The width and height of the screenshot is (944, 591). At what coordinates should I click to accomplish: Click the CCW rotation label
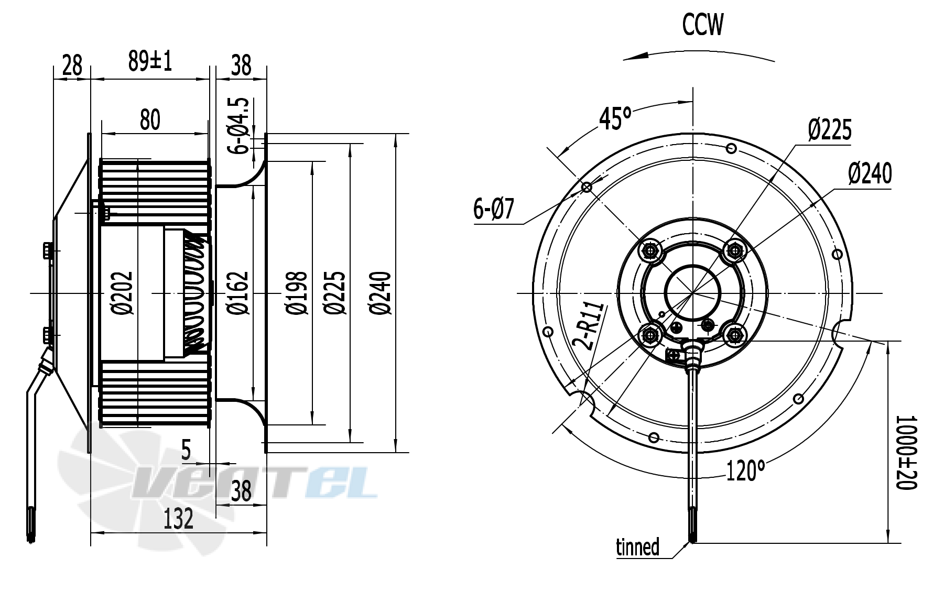[702, 25]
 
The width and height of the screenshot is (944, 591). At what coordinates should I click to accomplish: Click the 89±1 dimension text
[150, 62]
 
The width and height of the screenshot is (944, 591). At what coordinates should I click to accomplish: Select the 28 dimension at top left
[72, 65]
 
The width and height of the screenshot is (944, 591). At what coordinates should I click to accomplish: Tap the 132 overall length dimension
[178, 519]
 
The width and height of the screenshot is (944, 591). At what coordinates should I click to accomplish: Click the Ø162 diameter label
[238, 293]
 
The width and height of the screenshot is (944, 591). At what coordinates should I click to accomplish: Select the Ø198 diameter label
[297, 293]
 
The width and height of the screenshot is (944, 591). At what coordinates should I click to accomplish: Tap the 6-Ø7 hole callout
[494, 210]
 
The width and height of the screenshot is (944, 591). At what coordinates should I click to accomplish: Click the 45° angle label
[615, 118]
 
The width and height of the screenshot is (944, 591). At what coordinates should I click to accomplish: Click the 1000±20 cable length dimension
[907, 453]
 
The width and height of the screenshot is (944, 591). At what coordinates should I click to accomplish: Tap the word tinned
[637, 547]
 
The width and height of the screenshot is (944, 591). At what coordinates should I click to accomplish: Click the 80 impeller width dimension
[150, 119]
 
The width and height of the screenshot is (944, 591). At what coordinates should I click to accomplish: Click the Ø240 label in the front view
[870, 173]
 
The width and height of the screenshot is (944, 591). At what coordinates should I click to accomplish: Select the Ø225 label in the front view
[829, 129]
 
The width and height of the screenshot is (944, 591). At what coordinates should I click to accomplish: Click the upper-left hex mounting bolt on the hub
[650, 251]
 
